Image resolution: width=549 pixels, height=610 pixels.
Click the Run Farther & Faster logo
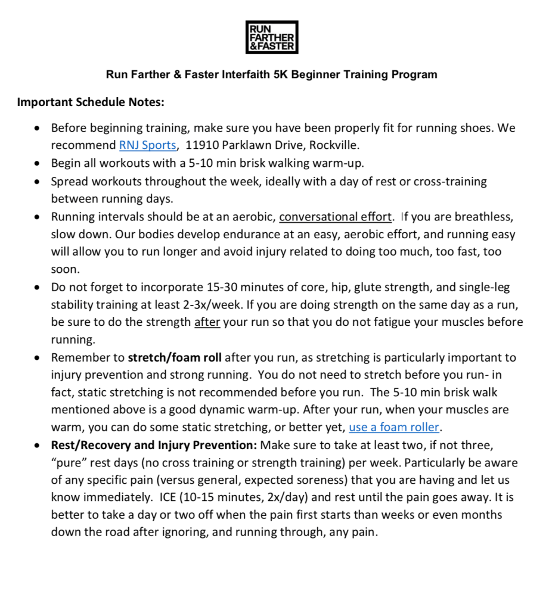pyautogui.click(x=272, y=37)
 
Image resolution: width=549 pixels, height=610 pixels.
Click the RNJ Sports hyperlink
pyautogui.click(x=147, y=145)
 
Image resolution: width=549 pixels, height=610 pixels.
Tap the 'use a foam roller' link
pyautogui.click(x=393, y=427)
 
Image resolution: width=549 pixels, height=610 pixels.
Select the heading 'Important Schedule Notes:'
pyautogui.click(x=91, y=102)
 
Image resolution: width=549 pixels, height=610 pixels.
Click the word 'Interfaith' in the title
pyautogui.click(x=260, y=74)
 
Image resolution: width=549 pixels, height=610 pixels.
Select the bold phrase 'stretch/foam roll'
pyautogui.click(x=175, y=357)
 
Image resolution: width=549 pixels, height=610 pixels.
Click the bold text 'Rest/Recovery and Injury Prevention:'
pyautogui.click(x=154, y=444)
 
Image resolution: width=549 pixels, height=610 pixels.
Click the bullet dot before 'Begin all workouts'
pyautogui.click(x=38, y=163)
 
